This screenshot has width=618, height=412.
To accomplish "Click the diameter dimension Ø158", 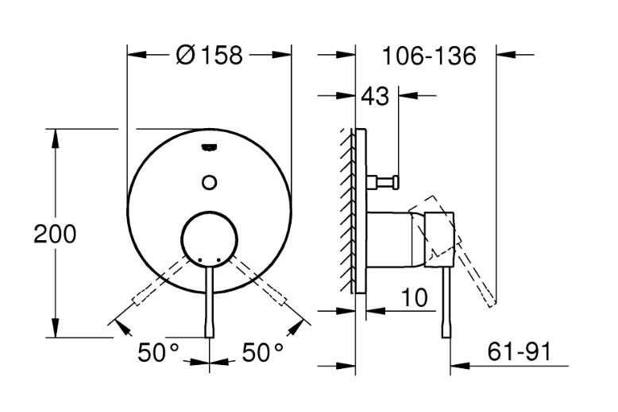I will click(x=211, y=56).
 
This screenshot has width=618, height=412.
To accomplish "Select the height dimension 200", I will click(x=55, y=235).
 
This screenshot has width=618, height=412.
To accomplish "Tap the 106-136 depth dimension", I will click(x=428, y=56).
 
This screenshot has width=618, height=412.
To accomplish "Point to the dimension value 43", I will click(x=375, y=96).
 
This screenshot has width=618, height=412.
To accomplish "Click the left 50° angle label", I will click(x=158, y=352).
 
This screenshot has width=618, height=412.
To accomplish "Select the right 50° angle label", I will click(x=263, y=352).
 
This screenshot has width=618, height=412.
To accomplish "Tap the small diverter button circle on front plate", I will click(x=210, y=181).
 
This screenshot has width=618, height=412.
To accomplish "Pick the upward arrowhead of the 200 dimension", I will click(x=55, y=138).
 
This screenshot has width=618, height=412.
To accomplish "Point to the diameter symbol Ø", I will click(x=183, y=56).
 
